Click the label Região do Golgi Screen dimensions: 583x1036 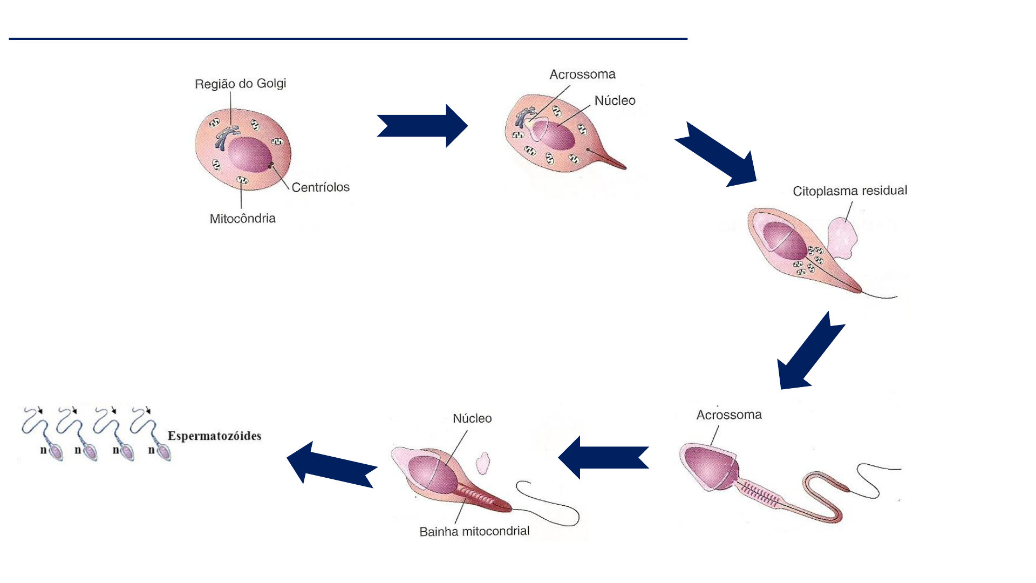(x=240, y=84)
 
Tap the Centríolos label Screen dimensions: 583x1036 (x=321, y=187)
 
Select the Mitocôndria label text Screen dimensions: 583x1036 (x=242, y=219)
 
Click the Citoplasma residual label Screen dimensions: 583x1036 (x=850, y=191)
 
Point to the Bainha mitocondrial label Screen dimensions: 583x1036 (x=474, y=531)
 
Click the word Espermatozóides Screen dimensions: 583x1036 (x=214, y=436)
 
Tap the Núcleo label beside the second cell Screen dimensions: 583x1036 (x=615, y=100)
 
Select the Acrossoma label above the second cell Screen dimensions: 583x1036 (x=582, y=74)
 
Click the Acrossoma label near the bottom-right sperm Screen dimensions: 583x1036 (x=729, y=415)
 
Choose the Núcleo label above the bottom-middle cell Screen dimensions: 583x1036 (x=472, y=418)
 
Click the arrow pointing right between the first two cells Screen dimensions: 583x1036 (x=422, y=126)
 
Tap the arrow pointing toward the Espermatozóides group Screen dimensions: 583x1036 (x=332, y=464)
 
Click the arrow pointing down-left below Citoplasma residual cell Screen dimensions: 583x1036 (x=809, y=351)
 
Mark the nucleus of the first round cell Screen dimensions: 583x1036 (x=248, y=154)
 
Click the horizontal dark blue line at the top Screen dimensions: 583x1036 (x=348, y=39)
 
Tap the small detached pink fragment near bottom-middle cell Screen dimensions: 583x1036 (x=482, y=463)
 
